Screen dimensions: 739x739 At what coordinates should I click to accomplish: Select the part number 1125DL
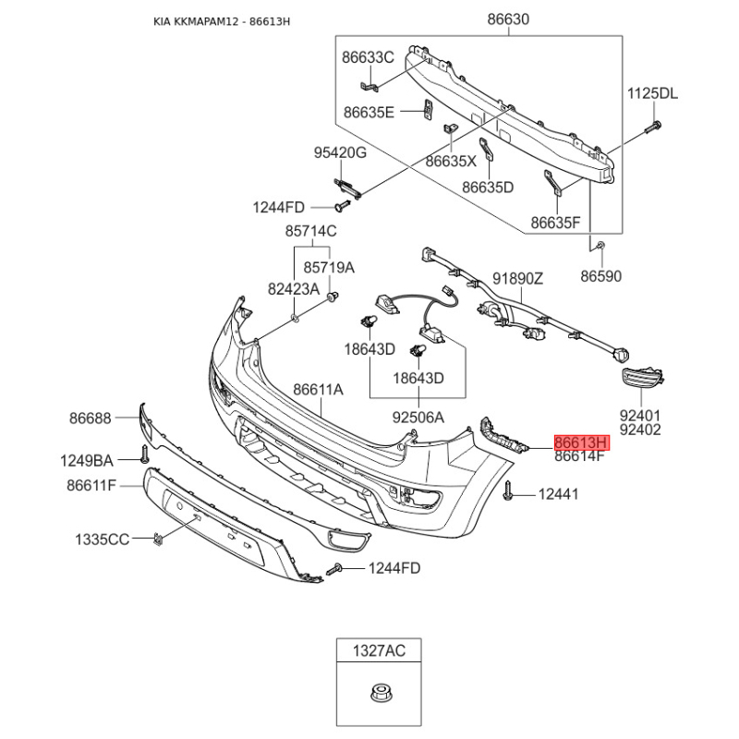(x=652, y=93)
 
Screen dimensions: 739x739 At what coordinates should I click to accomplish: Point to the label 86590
(x=601, y=275)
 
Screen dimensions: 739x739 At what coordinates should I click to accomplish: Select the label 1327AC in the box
(x=379, y=652)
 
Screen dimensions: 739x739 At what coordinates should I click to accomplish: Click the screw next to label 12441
(x=509, y=496)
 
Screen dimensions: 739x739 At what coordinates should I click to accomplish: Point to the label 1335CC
(x=102, y=539)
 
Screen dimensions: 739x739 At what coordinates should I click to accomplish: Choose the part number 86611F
(x=91, y=485)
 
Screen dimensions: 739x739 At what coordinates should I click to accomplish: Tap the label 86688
(x=90, y=418)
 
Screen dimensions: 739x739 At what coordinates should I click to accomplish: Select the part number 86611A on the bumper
(x=318, y=390)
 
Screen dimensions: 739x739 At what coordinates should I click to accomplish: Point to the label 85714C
(x=310, y=230)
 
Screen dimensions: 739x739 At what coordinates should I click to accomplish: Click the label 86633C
(x=368, y=57)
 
